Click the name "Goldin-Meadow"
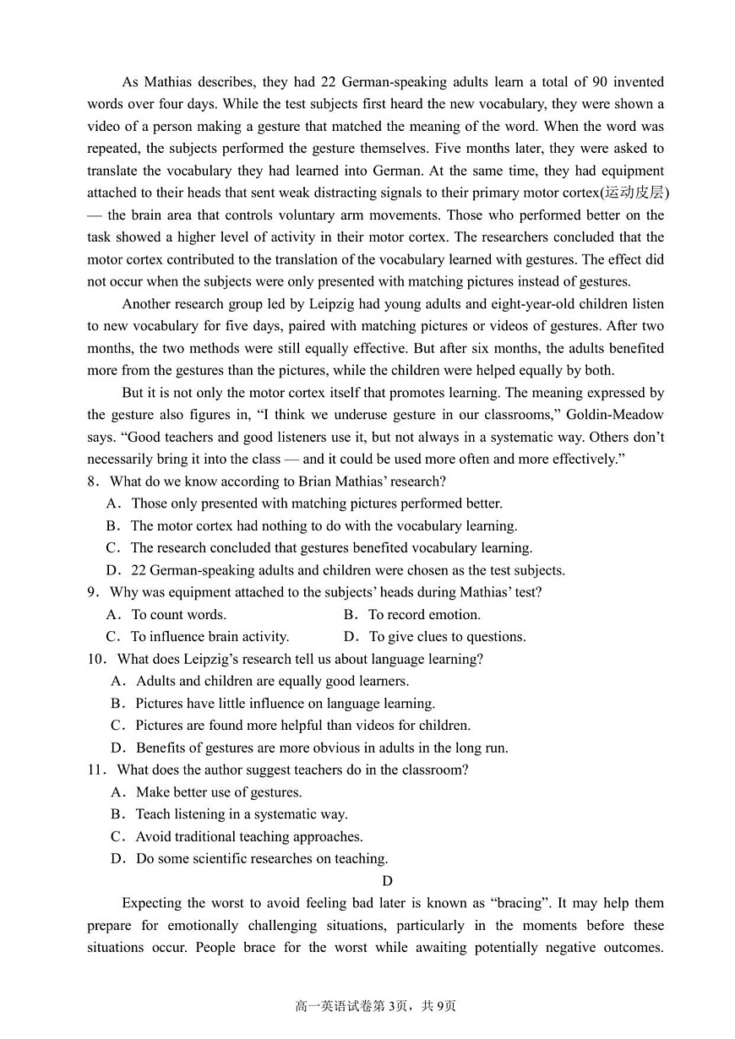pos(615,414)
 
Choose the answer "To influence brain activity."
pos(210,637)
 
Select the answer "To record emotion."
pos(424,614)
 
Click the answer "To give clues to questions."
pos(447,637)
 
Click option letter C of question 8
pos(112,547)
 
